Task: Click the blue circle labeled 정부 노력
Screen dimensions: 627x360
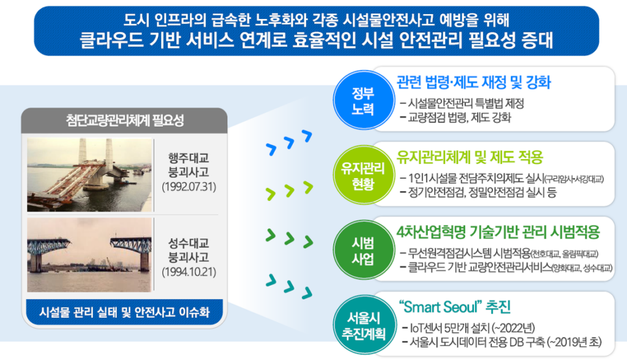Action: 363,100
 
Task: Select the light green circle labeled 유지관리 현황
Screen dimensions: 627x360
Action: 363,175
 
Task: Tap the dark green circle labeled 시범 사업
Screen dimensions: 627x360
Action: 363,250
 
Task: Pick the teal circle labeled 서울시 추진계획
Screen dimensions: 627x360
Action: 364,325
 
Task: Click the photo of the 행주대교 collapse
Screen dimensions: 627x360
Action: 90,175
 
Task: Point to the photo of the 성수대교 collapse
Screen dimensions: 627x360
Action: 90,255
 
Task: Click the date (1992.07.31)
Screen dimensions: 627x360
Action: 189,187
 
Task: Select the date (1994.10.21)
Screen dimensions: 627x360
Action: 189,272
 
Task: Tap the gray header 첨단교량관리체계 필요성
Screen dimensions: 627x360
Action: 124,121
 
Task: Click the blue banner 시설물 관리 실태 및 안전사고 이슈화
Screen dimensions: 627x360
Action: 124,312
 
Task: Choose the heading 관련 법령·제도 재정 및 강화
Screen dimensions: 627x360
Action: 474,82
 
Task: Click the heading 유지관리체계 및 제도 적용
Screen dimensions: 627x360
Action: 470,157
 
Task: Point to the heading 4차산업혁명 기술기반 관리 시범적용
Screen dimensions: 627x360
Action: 498,232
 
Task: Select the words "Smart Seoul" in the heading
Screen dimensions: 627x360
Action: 440,307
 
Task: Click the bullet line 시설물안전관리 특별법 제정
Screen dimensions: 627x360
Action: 462,103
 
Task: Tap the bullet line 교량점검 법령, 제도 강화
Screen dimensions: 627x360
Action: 456,118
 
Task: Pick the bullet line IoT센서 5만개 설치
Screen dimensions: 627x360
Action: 468,328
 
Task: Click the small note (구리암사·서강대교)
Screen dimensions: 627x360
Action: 574,179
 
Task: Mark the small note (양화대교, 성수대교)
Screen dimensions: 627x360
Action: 582,268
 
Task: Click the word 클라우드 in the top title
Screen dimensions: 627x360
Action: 111,40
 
